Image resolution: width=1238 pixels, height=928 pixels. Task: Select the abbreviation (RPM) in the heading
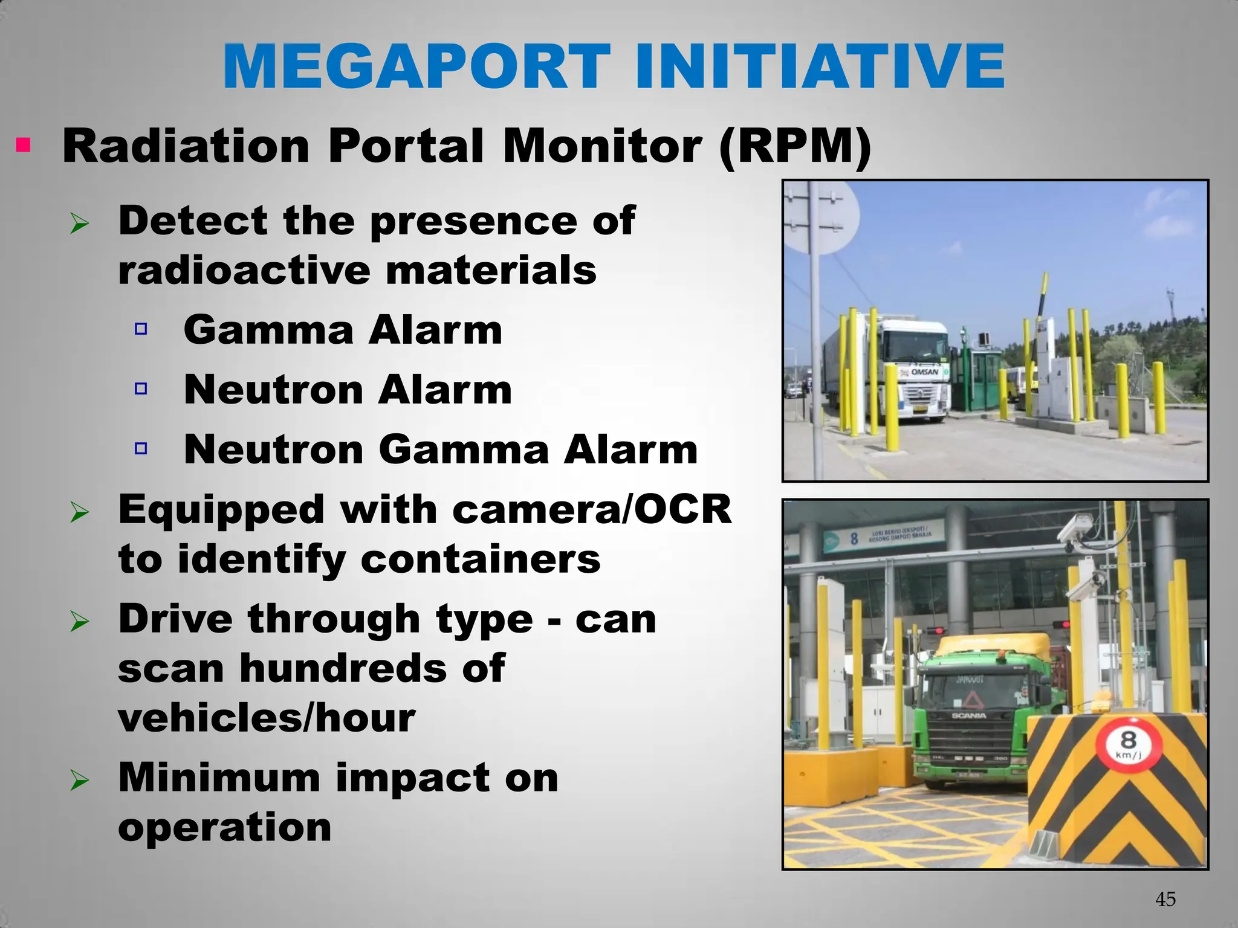(x=795, y=147)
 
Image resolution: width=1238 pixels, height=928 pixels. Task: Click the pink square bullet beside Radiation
(x=23, y=146)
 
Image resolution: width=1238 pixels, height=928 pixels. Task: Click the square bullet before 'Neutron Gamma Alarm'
(x=141, y=448)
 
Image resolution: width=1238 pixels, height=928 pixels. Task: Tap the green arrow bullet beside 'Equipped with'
(x=79, y=513)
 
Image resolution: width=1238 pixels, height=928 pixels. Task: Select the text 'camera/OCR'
(x=592, y=509)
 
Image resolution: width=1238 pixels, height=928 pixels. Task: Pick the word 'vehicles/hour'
(x=267, y=718)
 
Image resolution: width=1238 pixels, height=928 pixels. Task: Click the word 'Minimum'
(x=219, y=778)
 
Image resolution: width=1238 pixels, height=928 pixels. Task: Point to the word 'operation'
(x=224, y=827)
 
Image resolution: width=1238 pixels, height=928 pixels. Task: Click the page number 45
(x=1165, y=900)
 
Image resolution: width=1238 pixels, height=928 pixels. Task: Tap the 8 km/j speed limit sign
(x=1128, y=744)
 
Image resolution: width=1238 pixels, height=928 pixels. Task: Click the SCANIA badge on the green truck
(x=968, y=716)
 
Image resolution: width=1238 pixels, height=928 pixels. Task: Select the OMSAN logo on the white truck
(x=925, y=372)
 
